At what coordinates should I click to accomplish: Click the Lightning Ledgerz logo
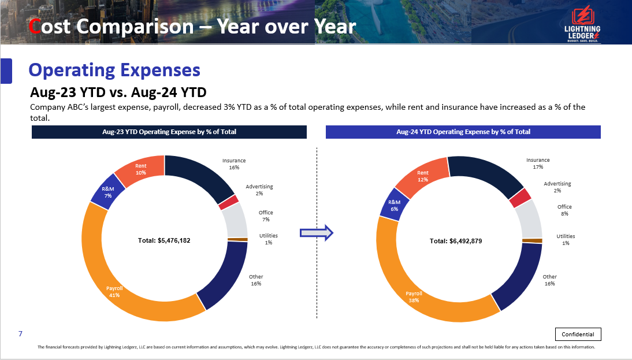point(583,24)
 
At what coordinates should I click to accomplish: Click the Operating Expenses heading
point(114,70)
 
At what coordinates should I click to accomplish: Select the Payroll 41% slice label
point(114,291)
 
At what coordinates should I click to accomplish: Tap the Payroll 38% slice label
point(414,296)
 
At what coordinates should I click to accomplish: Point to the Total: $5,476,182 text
point(164,240)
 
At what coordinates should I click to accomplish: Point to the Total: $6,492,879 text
point(456,241)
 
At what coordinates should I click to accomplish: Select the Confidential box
point(578,334)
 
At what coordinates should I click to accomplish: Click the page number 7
point(20,334)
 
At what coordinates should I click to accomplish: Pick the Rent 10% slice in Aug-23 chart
point(141,169)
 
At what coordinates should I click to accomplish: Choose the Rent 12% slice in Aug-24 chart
point(423,176)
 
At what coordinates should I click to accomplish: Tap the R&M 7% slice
point(108,192)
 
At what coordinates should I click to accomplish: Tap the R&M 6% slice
point(394,205)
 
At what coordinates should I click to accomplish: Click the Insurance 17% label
point(538,163)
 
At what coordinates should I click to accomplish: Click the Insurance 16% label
point(234,164)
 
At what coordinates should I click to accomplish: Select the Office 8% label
point(564,210)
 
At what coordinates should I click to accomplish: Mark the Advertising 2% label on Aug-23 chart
point(259,190)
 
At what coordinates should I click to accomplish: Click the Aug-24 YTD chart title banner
point(463,132)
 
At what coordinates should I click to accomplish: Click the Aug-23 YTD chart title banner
point(169,132)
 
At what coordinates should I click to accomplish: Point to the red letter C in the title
point(35,27)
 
